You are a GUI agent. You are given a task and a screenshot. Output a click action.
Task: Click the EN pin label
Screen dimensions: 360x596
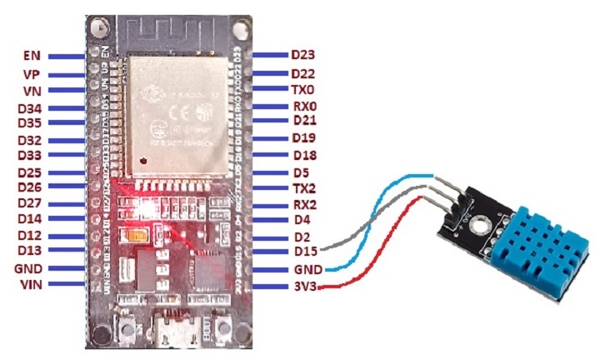point(33,57)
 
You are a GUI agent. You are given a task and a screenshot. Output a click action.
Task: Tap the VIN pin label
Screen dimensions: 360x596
point(31,284)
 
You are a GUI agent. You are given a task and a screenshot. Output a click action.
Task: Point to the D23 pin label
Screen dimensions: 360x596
point(303,55)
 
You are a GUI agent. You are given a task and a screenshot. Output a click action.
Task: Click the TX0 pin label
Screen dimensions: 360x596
point(303,89)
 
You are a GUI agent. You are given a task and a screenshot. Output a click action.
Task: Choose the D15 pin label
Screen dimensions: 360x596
point(303,252)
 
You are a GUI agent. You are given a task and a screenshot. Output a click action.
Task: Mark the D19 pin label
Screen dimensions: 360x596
point(303,137)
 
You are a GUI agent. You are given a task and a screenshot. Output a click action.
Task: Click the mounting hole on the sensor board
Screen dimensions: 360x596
point(478,222)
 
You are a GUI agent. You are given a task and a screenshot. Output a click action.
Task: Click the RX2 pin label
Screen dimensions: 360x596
point(303,204)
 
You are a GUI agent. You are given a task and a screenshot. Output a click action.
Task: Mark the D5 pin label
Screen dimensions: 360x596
point(300,172)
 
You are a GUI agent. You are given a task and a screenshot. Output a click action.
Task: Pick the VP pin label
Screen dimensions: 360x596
point(33,74)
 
